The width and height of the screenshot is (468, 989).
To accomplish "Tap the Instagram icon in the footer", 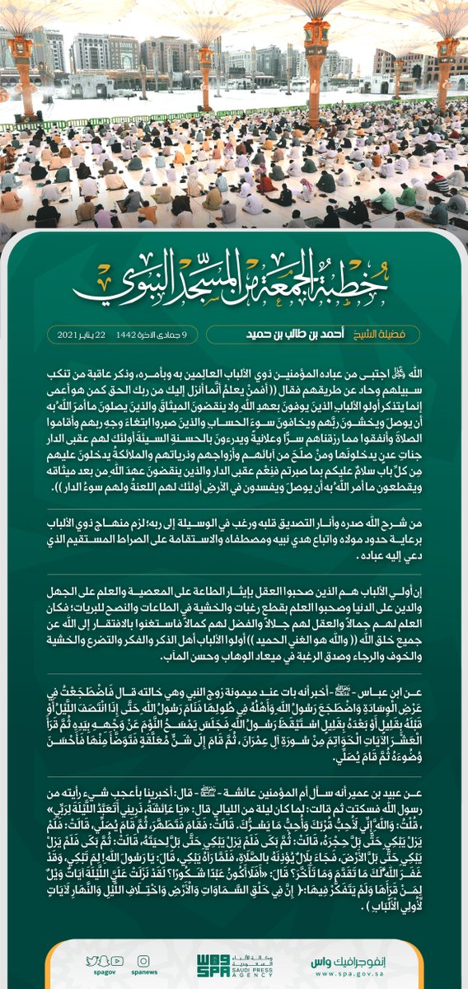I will pos(143,959).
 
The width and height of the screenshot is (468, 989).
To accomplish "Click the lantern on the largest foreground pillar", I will pos(316,37).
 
